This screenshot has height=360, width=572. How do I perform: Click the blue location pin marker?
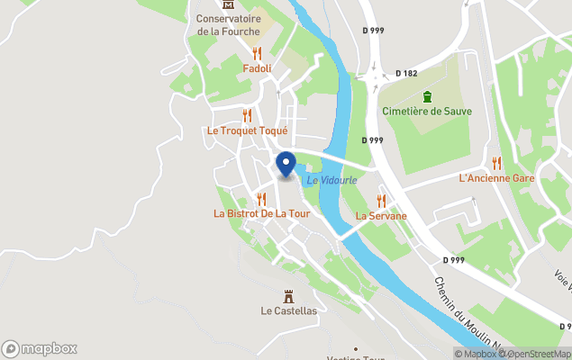[285, 165]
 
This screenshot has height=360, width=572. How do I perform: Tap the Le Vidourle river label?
[331, 180]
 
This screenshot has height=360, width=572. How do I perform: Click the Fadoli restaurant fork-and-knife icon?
[257, 53]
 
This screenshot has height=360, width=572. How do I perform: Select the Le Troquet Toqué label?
[247, 130]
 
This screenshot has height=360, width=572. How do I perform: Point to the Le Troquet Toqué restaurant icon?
[247, 115]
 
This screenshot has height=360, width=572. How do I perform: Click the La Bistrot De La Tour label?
[261, 213]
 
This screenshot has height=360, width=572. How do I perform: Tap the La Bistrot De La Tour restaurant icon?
[261, 198]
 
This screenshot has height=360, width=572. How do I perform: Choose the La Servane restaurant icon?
[381, 200]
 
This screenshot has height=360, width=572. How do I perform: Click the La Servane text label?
[381, 216]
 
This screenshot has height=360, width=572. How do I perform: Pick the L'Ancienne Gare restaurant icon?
[496, 162]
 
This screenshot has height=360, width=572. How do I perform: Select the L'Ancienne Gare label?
[496, 178]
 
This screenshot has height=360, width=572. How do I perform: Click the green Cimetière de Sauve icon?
[427, 96]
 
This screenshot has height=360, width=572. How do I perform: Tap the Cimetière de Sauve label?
[427, 112]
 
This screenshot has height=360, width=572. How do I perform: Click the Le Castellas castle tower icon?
[288, 295]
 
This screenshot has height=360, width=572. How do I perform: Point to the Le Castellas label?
[288, 311]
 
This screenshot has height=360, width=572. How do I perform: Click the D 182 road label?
[407, 74]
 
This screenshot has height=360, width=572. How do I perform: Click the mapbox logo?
[40, 348]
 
